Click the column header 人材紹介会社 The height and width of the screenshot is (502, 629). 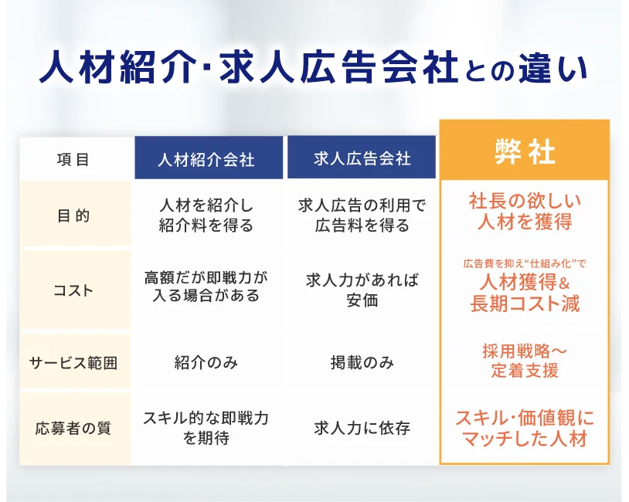pos(206,160)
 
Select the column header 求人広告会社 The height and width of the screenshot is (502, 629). pos(362,159)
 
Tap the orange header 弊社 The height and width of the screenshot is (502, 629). pos(525,152)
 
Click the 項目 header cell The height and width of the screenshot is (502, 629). pos(73,160)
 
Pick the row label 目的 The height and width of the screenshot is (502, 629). pos(73,215)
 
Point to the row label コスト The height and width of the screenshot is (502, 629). pos(73,290)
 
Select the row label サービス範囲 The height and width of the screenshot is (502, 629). pos(73,363)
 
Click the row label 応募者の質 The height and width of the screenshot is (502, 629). pos(73,428)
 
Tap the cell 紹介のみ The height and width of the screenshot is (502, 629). pos(206,362)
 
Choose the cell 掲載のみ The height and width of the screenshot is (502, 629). pos(362,362)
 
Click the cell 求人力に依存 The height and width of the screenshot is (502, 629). pos(362,428)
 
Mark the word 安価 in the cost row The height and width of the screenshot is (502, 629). pos(362,300)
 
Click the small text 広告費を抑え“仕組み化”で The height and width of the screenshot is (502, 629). pos(525,263)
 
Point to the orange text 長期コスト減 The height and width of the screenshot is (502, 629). pos(525,304)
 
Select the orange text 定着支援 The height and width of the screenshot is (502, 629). pos(525,370)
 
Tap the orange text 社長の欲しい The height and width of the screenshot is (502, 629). pos(525,202)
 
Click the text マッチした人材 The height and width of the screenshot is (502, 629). pos(525,438)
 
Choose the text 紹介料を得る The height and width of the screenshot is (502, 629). pos(206,226)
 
